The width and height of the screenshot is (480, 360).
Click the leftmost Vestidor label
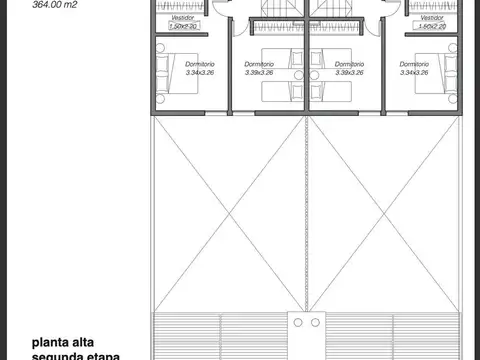[x=182, y=18]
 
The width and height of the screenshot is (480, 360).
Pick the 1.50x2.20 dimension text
[x=183, y=26]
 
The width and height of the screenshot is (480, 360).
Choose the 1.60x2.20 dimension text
[x=431, y=26]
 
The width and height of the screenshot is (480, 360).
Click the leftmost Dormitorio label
[x=200, y=63]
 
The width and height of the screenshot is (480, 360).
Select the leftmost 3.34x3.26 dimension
[x=200, y=72]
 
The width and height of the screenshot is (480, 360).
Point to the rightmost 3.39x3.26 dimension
[x=353, y=72]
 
